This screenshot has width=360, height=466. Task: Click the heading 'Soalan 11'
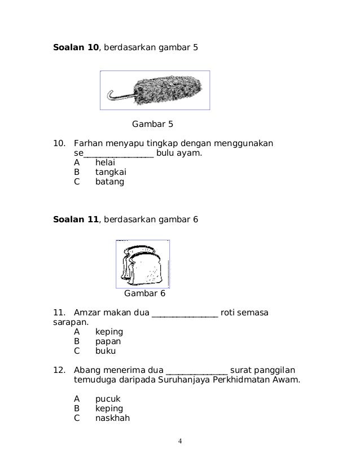76,219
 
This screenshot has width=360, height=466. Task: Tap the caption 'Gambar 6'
144,293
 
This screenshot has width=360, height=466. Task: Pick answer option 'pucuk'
107,399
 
